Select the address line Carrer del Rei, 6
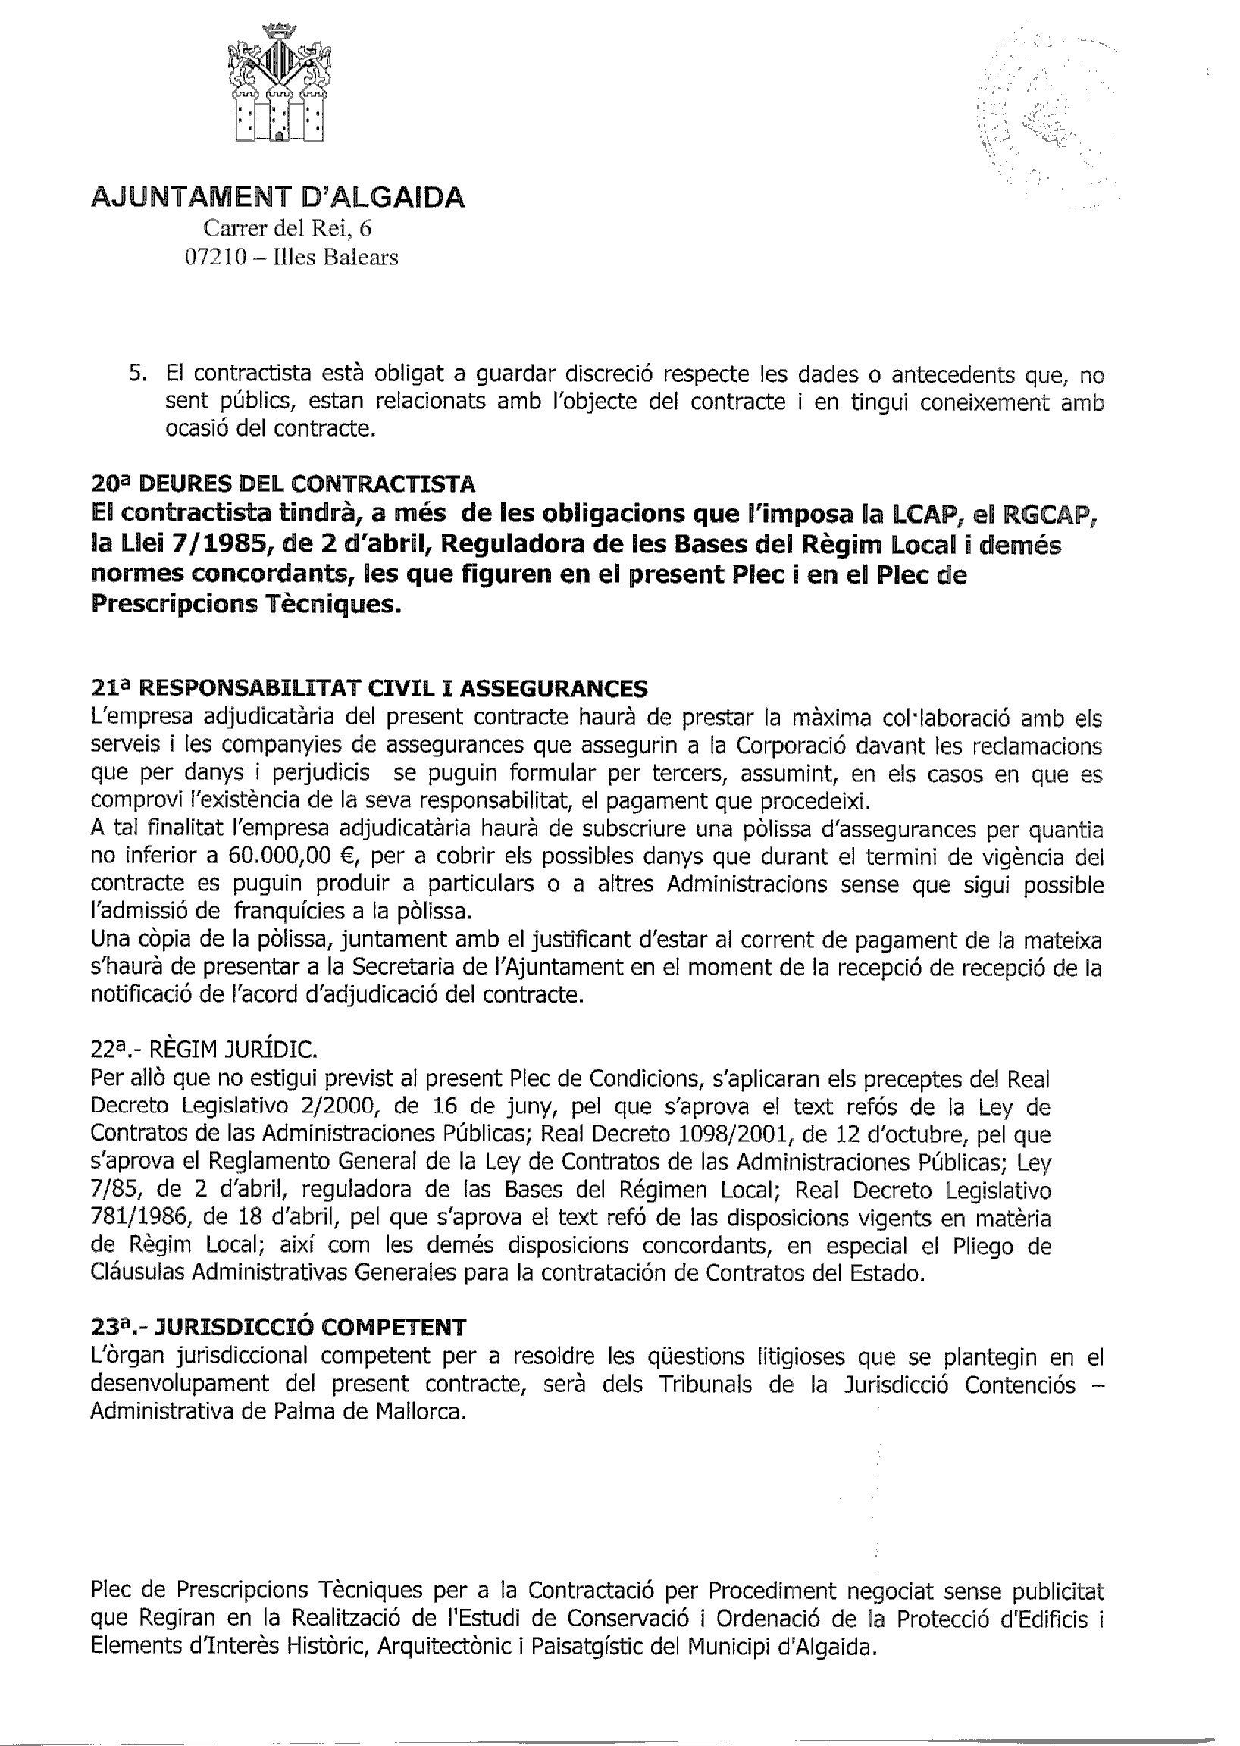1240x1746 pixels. tap(287, 228)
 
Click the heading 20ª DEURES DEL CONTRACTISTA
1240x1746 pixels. tap(283, 483)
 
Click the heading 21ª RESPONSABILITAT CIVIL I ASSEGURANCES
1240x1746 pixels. tap(369, 689)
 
